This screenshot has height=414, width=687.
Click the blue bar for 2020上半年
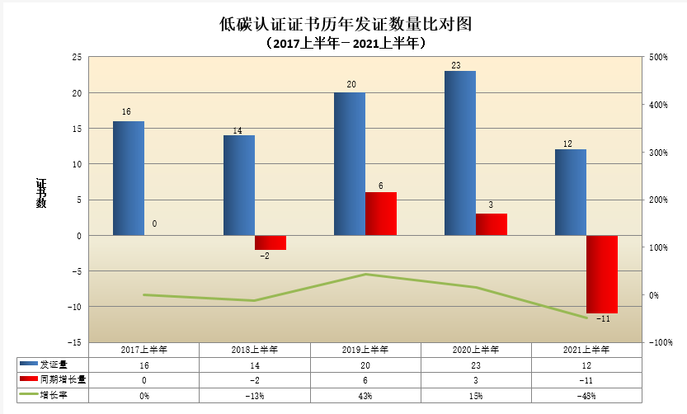460,153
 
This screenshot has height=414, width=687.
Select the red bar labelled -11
602,274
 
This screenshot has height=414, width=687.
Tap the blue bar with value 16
129,178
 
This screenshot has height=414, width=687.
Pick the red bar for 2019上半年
381,214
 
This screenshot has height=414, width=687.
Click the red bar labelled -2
271,242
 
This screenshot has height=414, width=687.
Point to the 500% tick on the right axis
658,57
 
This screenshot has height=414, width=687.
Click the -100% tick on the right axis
660,342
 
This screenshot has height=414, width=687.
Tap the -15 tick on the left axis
74,342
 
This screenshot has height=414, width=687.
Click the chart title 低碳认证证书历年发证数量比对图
344,24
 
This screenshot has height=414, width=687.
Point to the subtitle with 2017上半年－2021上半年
344,43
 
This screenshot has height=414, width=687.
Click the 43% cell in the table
365,396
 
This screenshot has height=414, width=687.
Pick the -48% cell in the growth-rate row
586,396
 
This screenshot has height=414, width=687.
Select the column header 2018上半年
255,350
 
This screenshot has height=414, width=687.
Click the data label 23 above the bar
454,64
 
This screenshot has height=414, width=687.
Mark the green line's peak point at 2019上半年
365,275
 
